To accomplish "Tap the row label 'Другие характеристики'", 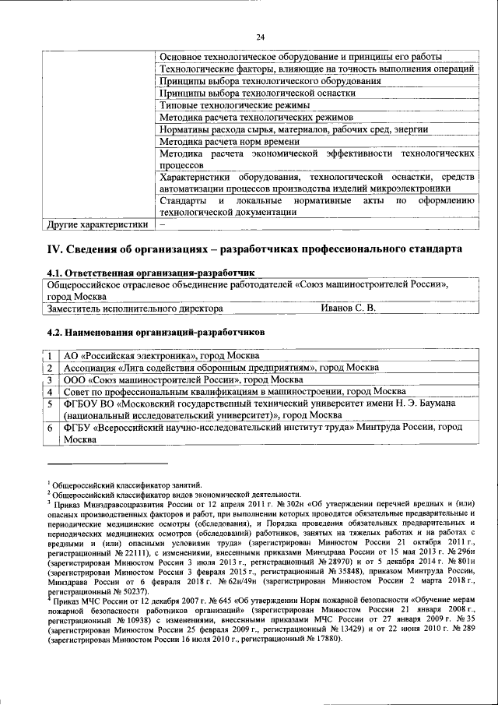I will (97, 224).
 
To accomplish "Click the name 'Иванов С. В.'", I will (348, 308).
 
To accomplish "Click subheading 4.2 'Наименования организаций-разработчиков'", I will (156, 331).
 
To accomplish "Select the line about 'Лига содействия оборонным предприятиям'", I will (222, 367).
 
